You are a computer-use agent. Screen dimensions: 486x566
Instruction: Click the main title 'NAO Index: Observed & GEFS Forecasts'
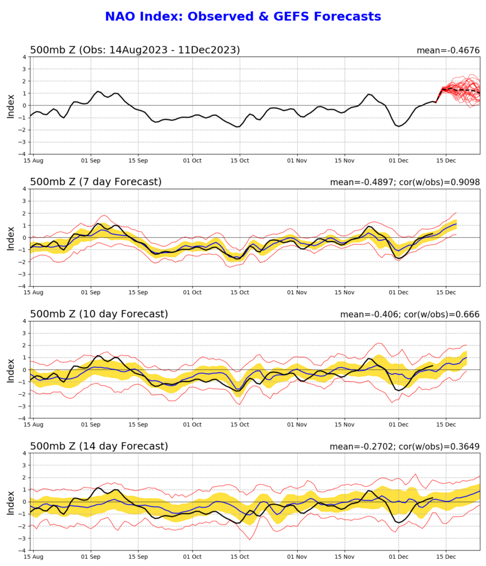[243, 16]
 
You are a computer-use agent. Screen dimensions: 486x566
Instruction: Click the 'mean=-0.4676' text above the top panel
[448, 50]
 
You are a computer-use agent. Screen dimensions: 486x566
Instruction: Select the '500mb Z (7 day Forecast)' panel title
[95, 181]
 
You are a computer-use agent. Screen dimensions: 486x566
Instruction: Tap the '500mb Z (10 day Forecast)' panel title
[99, 314]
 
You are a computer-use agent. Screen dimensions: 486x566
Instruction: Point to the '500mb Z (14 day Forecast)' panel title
[99, 446]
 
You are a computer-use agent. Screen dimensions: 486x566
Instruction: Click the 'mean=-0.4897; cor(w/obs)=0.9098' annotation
[405, 182]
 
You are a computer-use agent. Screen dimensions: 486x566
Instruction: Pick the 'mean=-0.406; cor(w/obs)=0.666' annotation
[410, 315]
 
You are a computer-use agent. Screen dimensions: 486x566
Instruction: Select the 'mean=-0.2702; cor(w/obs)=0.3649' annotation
[405, 447]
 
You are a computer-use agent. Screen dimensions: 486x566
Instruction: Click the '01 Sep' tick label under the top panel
[90, 161]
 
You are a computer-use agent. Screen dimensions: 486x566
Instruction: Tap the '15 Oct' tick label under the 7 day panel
[240, 292]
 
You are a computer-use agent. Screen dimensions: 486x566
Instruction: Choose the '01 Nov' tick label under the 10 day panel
[297, 424]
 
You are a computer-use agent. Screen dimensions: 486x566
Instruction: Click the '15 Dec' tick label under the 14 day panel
[446, 557]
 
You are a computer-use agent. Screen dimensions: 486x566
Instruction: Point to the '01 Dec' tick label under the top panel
[399, 161]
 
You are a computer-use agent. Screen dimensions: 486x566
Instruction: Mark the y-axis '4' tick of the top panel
[24, 57]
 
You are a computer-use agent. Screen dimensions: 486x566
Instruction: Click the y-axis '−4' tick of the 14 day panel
[22, 551]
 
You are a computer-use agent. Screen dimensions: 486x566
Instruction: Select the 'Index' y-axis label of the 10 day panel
[11, 370]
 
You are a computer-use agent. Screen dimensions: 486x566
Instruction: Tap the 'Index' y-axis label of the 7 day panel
[11, 238]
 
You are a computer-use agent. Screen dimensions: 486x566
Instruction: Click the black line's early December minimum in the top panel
[399, 126]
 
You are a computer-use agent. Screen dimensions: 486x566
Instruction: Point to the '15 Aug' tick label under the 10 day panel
[33, 424]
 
